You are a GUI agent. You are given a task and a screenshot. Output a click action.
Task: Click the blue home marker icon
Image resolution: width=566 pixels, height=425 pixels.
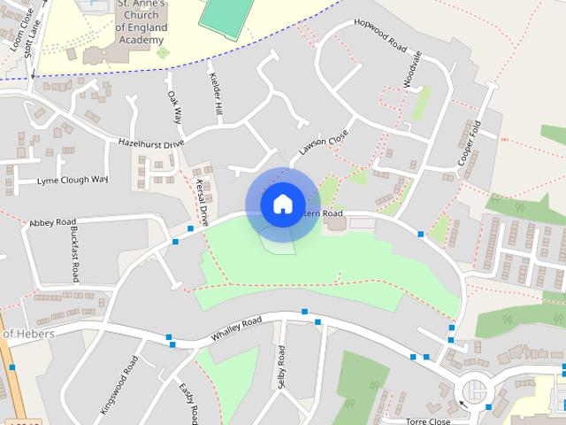pos(281,205)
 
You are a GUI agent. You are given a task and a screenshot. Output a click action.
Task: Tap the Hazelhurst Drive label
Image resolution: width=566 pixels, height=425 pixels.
pos(151,143)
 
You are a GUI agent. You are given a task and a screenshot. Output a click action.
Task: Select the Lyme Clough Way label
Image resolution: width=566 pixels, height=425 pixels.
pos(72,180)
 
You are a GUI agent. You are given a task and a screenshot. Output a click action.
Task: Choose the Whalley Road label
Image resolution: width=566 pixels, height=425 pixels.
pos(236,330)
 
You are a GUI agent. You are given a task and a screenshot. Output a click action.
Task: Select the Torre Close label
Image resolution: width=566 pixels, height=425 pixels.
pos(428,421)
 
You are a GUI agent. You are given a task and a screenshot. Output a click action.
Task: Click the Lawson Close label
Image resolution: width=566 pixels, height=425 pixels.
pos(324,143)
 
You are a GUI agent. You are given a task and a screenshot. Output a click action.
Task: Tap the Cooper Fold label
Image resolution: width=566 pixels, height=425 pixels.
pos(468,144)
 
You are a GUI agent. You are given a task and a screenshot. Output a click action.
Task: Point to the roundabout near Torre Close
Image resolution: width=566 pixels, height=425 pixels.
pos(475,390)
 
